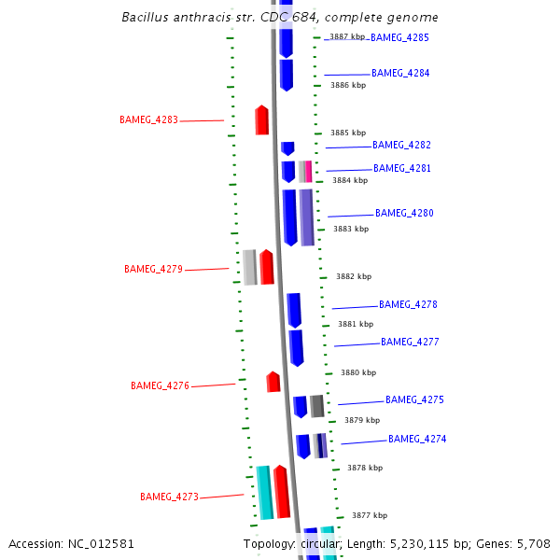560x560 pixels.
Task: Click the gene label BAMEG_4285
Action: click(399, 38)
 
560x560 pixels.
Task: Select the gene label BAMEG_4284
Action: click(400, 73)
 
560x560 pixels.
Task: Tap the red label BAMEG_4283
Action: click(148, 119)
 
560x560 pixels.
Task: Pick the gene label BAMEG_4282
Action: click(401, 146)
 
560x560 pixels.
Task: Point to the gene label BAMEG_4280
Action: click(404, 214)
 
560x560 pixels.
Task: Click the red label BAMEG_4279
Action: click(153, 270)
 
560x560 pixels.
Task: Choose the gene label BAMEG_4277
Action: click(410, 343)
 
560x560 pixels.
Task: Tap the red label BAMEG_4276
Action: click(160, 385)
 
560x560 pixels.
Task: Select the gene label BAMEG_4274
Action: click(417, 440)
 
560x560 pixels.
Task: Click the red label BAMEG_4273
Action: click(169, 497)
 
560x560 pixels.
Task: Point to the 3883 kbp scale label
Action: click(351, 229)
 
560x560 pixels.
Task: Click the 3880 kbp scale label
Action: click(358, 372)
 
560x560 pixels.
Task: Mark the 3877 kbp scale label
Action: click(370, 515)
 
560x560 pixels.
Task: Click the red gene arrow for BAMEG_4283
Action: click(262, 119)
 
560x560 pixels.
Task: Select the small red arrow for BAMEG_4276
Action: click(273, 382)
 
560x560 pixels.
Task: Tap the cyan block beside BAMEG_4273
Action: click(264, 492)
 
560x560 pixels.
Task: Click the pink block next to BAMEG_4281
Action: click(308, 172)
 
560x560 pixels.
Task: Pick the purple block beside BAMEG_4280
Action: click(306, 217)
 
